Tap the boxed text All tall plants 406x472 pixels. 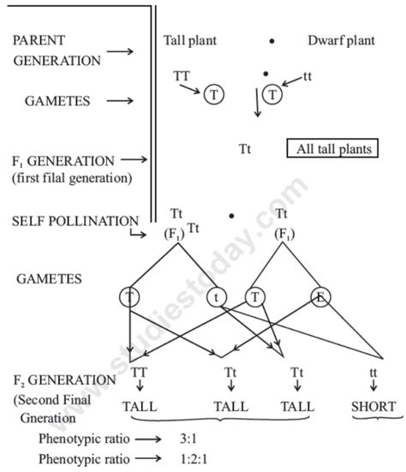332,149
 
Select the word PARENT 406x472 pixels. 39,39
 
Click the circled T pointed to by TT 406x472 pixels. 212,95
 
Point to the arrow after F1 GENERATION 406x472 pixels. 135,159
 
